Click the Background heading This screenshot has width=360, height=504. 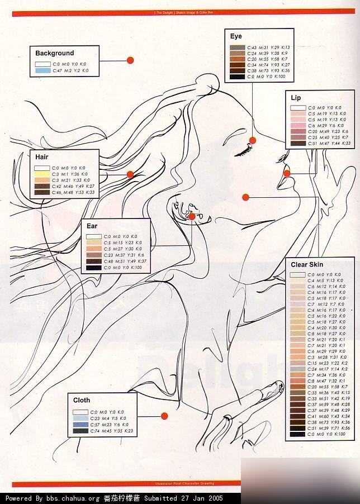pyautogui.click(x=54, y=53)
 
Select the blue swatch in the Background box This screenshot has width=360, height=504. pyautogui.click(x=42, y=71)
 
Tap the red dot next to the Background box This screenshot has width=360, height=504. pyautogui.click(x=130, y=60)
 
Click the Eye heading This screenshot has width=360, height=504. pyautogui.click(x=236, y=36)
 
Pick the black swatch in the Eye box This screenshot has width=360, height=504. pyautogui.click(x=238, y=77)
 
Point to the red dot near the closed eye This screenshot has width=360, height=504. pyautogui.click(x=253, y=140)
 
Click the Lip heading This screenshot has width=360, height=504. pyautogui.click(x=296, y=98)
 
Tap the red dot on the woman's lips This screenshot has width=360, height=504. pyautogui.click(x=287, y=173)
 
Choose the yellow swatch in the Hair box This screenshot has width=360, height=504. pyautogui.click(x=42, y=174)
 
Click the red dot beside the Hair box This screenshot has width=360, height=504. pyautogui.click(x=130, y=175)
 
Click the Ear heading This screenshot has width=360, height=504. pyautogui.click(x=92, y=226)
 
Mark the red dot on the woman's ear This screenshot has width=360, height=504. pyautogui.click(x=192, y=216)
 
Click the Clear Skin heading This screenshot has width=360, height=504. pyautogui.click(x=307, y=264)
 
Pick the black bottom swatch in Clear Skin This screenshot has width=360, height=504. pyautogui.click(x=297, y=434)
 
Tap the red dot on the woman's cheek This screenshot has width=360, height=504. pyautogui.click(x=245, y=196)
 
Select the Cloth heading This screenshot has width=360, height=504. pyautogui.click(x=82, y=400)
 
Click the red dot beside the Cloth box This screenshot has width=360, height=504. pyautogui.click(x=164, y=416)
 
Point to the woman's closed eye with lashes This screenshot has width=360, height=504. pyautogui.click(x=241, y=150)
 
